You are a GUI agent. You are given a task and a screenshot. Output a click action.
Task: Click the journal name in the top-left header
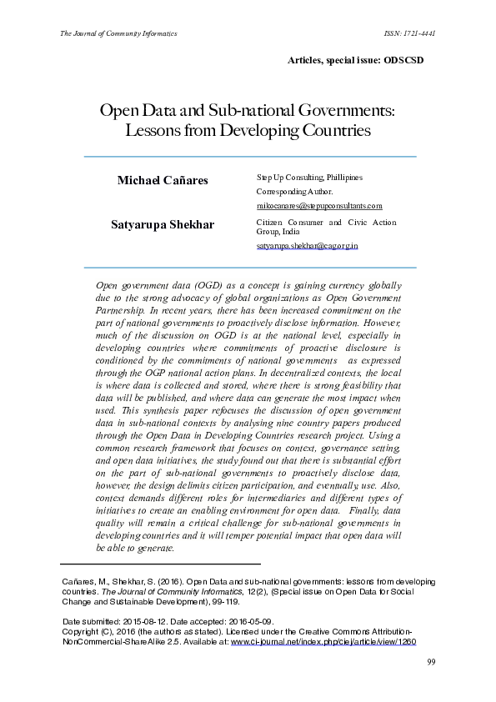pyautogui.click(x=118, y=34)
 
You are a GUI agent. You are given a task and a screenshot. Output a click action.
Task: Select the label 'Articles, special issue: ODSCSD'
pyautogui.click(x=363, y=61)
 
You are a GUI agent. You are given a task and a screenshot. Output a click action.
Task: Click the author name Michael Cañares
pyautogui.click(x=163, y=180)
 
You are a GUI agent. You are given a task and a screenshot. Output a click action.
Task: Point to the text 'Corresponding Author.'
pyautogui.click(x=294, y=191)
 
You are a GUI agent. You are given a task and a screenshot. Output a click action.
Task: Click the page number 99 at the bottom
pyautogui.click(x=432, y=662)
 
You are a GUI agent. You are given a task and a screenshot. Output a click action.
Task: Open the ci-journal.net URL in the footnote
pyautogui.click(x=323, y=642)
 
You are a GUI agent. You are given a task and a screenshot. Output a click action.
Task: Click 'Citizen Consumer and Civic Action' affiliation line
pyautogui.click(x=315, y=223)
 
